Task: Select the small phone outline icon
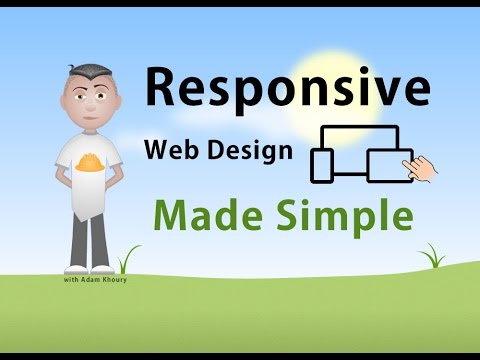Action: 322,166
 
